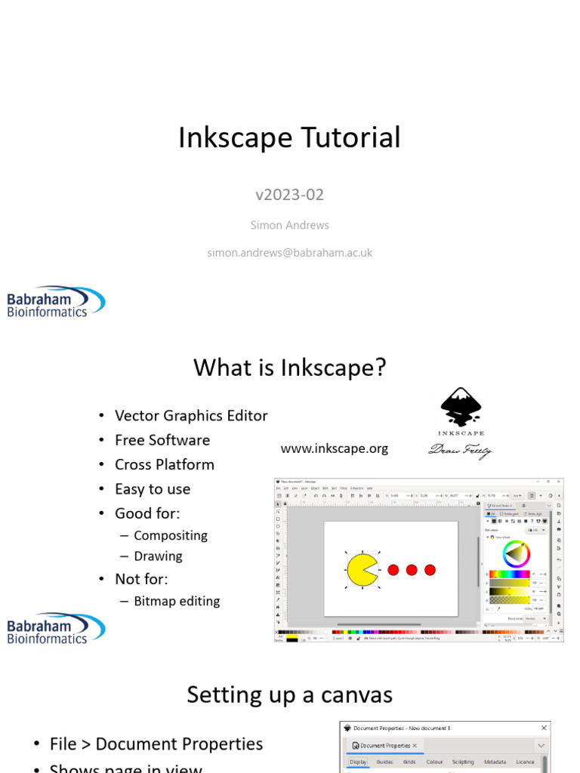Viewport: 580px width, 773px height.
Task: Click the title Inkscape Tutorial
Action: (x=289, y=138)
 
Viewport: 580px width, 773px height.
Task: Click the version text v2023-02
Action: (x=289, y=195)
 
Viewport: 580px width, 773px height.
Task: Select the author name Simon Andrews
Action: (x=289, y=225)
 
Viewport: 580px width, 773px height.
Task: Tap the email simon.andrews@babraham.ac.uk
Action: (x=289, y=253)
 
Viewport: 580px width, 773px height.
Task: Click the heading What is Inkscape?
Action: (x=289, y=368)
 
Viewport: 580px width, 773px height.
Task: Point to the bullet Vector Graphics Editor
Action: (x=190, y=416)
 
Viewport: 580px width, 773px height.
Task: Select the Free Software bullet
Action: (x=162, y=440)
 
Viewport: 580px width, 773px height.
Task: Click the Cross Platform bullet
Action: (x=164, y=464)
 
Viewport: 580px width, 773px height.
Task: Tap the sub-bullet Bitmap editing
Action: (x=177, y=602)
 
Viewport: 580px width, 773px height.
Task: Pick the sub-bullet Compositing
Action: (x=170, y=535)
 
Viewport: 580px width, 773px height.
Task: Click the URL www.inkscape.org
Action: (x=334, y=448)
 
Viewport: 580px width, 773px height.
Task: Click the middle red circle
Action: (x=412, y=570)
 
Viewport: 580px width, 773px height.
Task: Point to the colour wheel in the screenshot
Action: (x=517, y=553)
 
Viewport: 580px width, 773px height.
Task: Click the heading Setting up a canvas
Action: (x=289, y=694)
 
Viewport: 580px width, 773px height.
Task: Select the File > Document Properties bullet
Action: (x=156, y=744)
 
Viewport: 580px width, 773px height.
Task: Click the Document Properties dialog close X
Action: (x=544, y=728)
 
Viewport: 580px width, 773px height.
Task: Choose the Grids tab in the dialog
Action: (x=409, y=762)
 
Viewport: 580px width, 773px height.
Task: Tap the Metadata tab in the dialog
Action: (x=495, y=762)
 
